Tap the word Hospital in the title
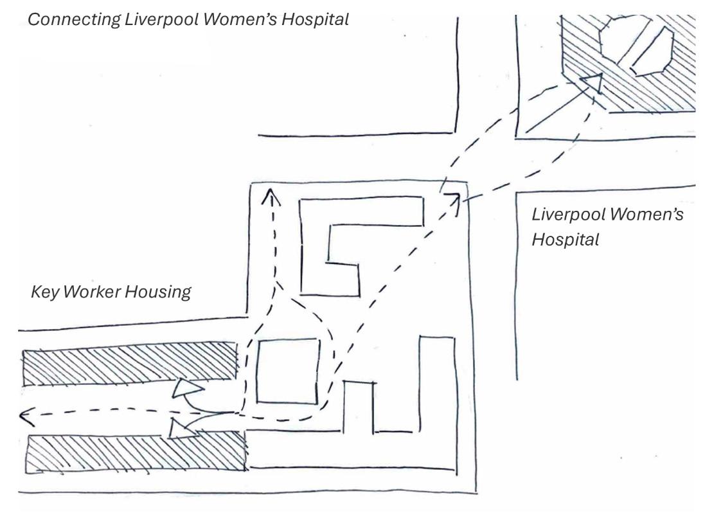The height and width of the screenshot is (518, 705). [x=316, y=19]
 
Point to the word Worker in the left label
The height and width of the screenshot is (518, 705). [x=91, y=292]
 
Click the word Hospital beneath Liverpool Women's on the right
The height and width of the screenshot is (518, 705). [x=566, y=240]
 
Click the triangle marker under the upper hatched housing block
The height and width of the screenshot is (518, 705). [x=188, y=388]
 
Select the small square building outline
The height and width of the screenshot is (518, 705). [x=288, y=371]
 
